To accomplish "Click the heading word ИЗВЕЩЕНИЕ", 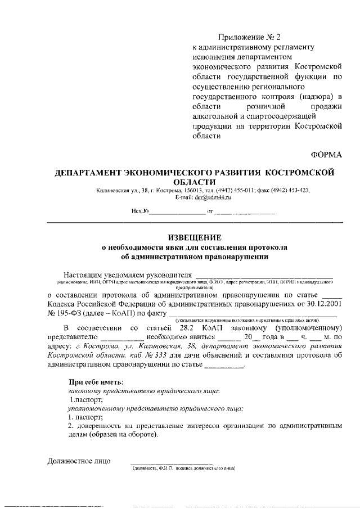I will pyautogui.click(x=180, y=237).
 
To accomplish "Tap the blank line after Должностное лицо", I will pyautogui.click(x=168, y=463).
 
